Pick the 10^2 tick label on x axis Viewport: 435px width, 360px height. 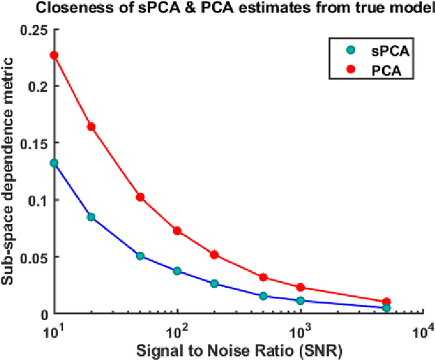(177, 331)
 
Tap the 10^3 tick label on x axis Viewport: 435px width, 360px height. (300, 331)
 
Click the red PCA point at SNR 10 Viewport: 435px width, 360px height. (54, 55)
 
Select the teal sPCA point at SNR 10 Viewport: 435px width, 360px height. (54, 163)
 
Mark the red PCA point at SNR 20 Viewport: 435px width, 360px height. (91, 127)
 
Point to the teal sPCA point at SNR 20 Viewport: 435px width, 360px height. (91, 217)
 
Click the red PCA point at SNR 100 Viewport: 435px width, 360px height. (177, 231)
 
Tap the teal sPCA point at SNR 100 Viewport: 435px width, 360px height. (177, 271)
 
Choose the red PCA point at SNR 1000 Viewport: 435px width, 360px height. (300, 288)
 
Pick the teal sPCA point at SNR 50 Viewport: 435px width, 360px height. (140, 256)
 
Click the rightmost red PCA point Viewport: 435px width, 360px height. (386, 302)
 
